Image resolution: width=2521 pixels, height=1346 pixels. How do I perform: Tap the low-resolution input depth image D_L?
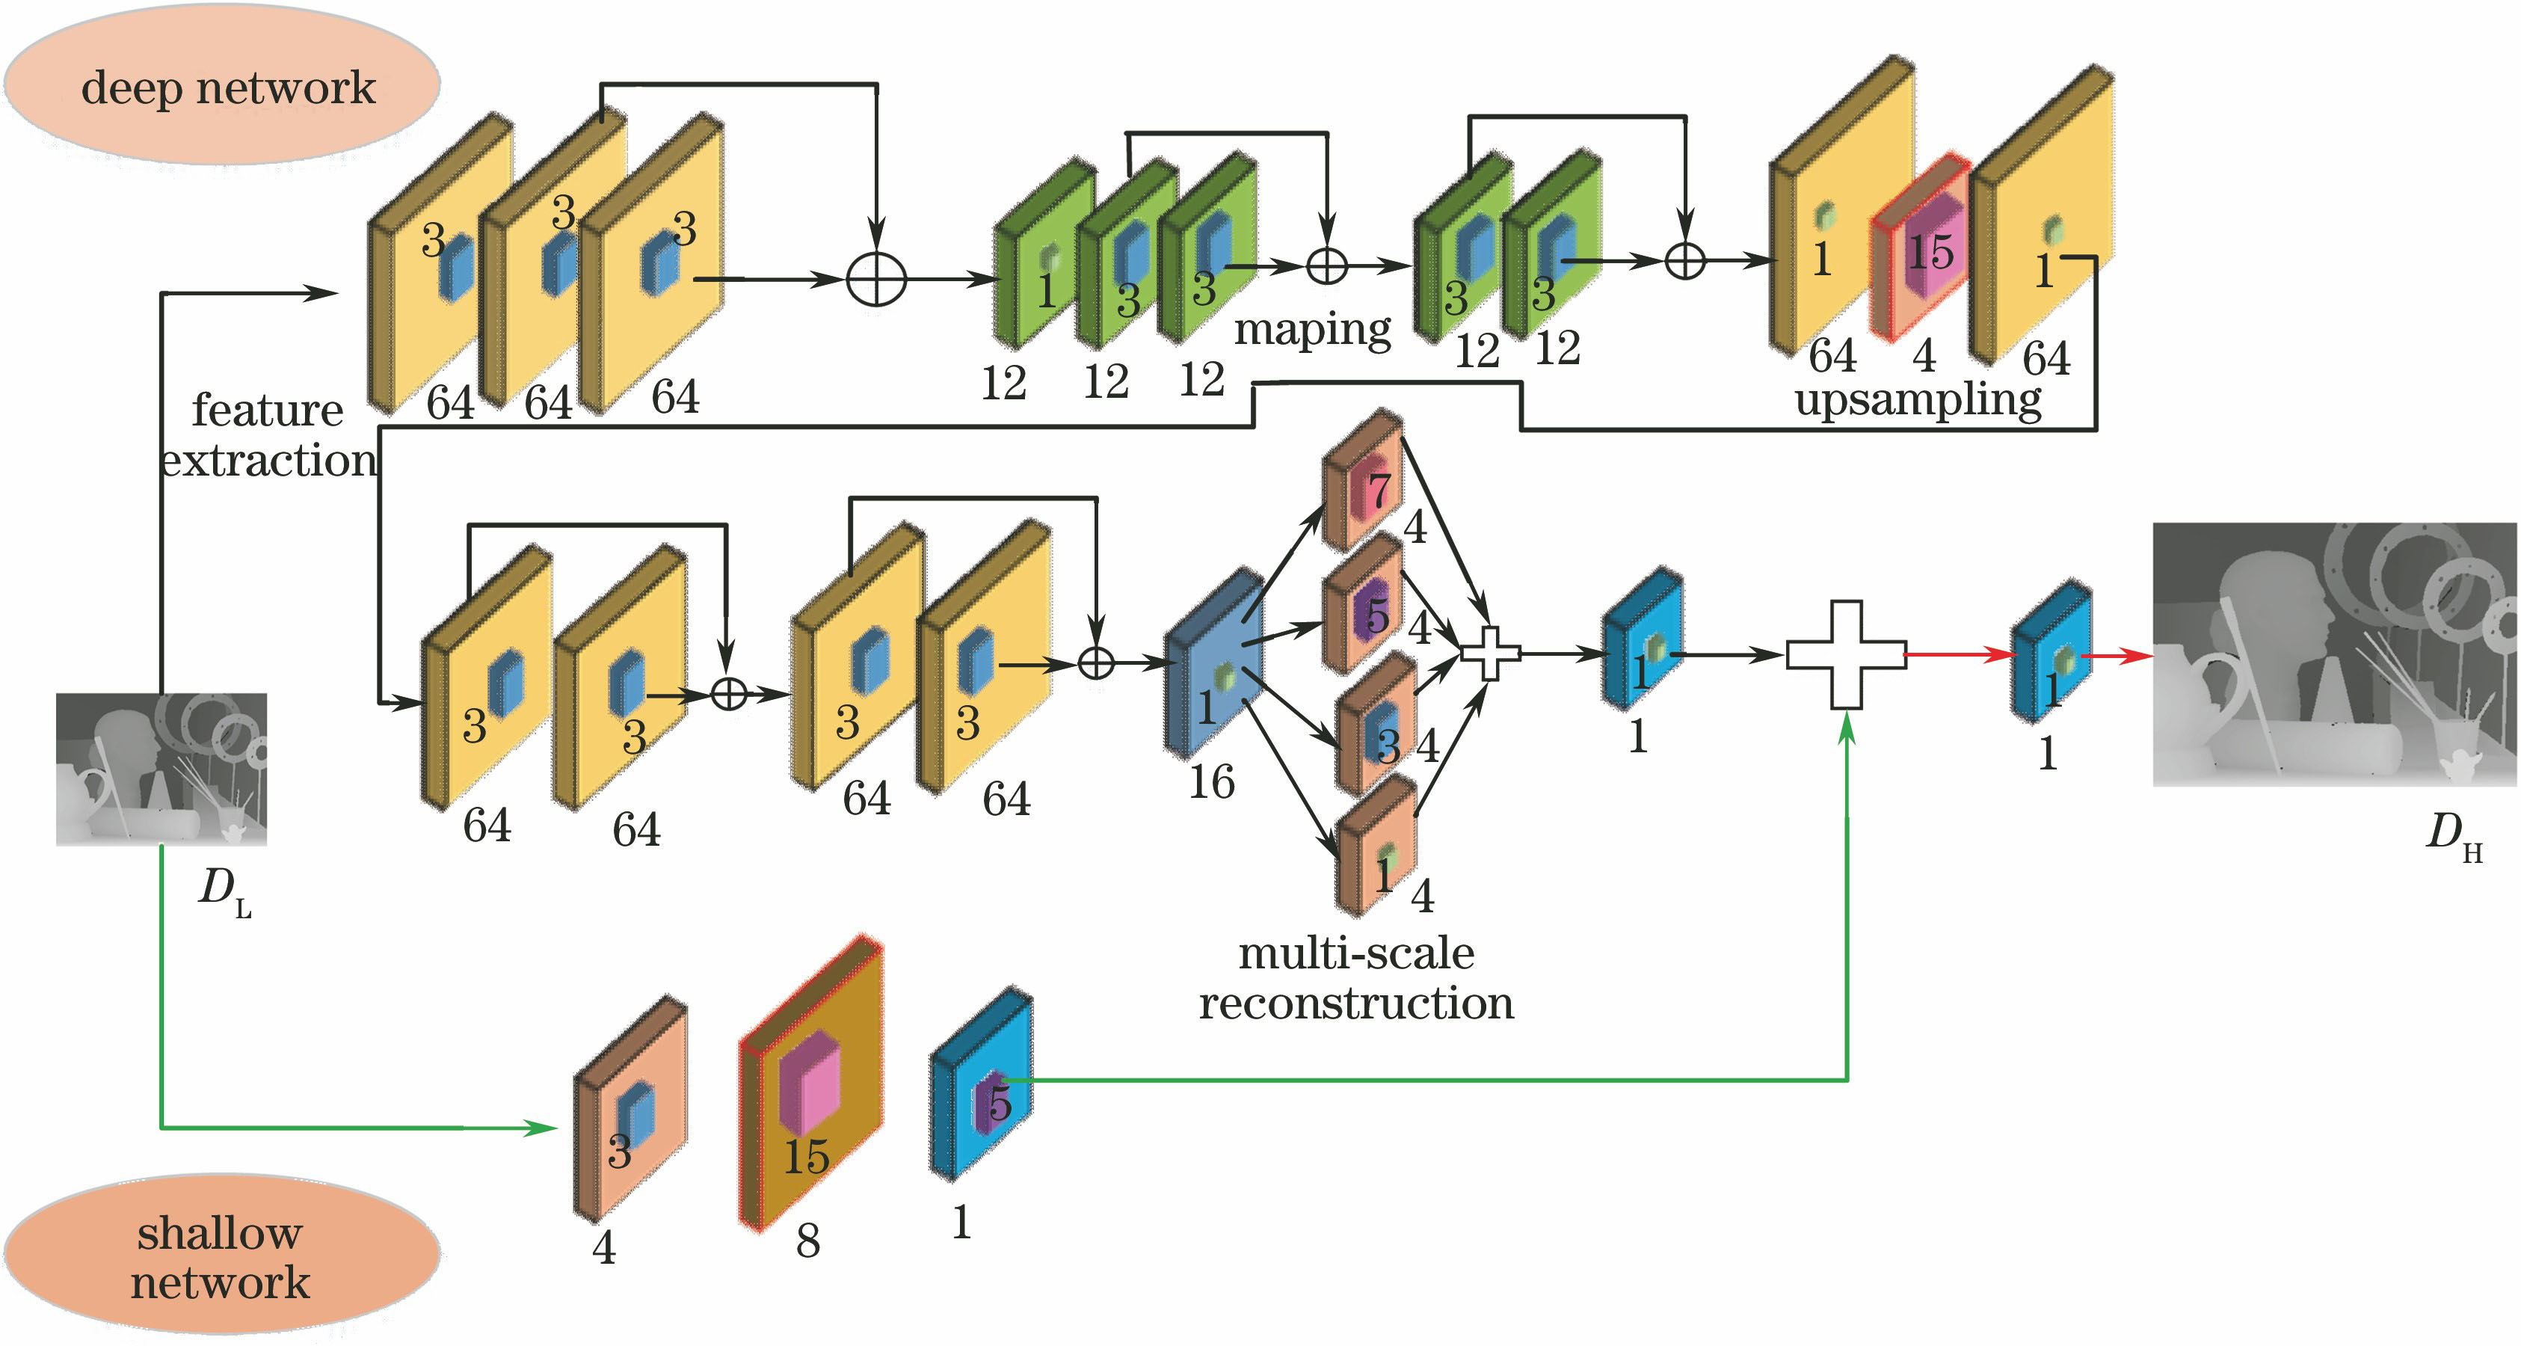pyautogui.click(x=161, y=769)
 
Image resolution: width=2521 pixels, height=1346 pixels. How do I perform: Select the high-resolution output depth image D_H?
pyautogui.click(x=2334, y=654)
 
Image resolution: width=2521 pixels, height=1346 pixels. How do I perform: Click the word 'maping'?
pyautogui.click(x=1311, y=329)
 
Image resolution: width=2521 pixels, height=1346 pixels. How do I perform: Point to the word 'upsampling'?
pyautogui.click(x=1918, y=399)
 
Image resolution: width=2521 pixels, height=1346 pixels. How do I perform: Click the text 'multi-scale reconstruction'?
pyautogui.click(x=1356, y=978)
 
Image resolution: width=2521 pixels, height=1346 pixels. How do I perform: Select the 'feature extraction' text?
pyautogui.click(x=266, y=434)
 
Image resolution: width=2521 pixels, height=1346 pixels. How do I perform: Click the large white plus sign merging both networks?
pyautogui.click(x=1847, y=654)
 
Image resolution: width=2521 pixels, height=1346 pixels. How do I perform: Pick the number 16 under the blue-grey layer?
pyautogui.click(x=1212, y=782)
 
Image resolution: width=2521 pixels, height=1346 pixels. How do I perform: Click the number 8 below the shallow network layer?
pyautogui.click(x=807, y=1241)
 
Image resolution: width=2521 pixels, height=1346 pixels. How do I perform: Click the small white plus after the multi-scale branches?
pyautogui.click(x=1489, y=653)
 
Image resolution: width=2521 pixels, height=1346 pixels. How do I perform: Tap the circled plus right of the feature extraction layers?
pyautogui.click(x=876, y=279)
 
